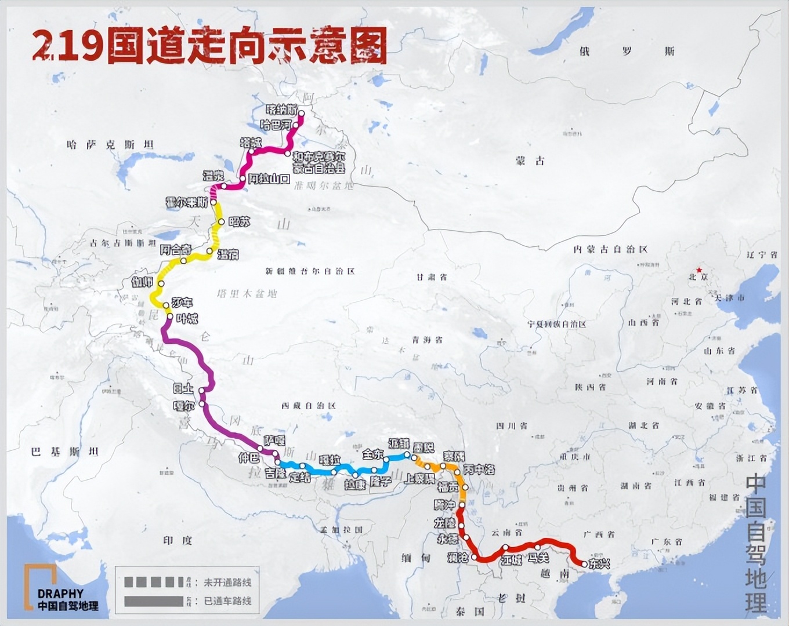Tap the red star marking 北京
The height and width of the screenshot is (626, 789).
coord(700,270)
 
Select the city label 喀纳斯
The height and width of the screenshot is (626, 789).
coord(282,110)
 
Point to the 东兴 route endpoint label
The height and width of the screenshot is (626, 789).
coord(599,563)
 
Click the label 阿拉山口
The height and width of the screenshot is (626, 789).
coord(269,179)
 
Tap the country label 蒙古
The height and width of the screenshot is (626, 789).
coord(530,161)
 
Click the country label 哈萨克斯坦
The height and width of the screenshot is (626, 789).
coord(110,145)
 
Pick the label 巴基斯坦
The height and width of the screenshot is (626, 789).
coord(65,452)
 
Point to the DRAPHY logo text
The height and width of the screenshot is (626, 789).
coord(60,594)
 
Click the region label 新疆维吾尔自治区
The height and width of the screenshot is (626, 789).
coord(310,271)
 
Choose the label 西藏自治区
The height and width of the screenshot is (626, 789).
coord(308,406)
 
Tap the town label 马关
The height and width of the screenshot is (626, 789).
coord(538,558)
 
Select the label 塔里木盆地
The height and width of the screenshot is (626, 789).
coord(246,294)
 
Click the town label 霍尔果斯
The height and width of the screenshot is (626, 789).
coord(186,202)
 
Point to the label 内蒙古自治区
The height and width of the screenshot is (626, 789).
coord(610,249)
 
